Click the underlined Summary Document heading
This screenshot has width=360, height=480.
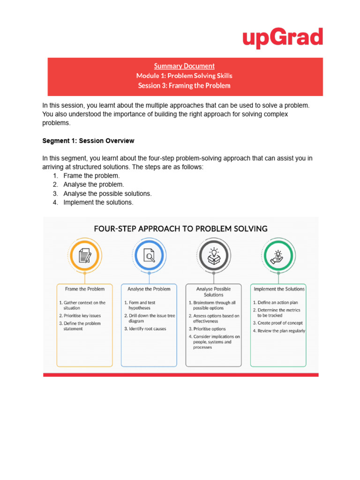(x=185, y=66)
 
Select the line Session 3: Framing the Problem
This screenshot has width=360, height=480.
(x=184, y=86)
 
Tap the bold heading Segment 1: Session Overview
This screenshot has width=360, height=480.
(x=88, y=141)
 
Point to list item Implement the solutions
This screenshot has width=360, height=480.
(x=98, y=202)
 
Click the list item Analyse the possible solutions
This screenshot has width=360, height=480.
(x=107, y=194)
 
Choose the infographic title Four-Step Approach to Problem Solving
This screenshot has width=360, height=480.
(x=181, y=229)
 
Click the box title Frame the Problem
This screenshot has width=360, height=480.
(x=85, y=289)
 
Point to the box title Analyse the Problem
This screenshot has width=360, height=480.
(x=149, y=289)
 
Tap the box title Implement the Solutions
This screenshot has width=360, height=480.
(x=279, y=289)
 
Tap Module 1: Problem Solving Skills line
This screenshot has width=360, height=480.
(x=184, y=76)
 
